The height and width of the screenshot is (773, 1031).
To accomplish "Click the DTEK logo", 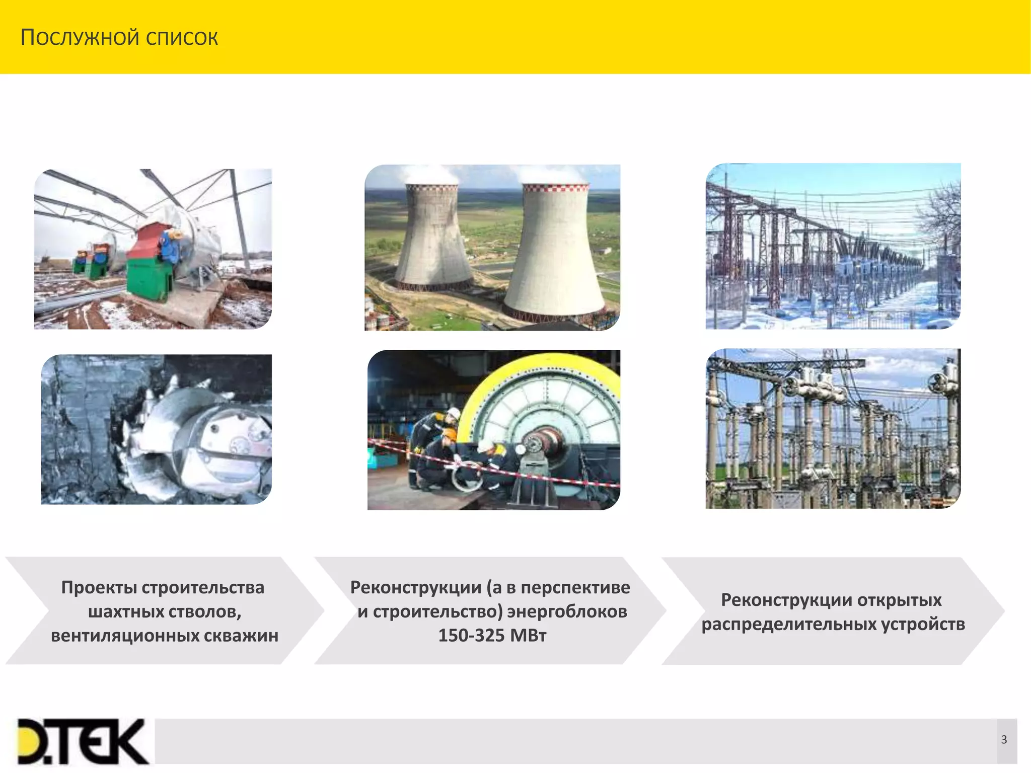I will (x=83, y=741).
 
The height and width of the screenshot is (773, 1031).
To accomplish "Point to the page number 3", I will (x=1004, y=739).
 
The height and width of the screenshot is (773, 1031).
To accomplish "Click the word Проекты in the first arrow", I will (x=99, y=587).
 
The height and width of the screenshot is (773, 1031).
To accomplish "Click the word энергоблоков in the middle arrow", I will (x=567, y=611).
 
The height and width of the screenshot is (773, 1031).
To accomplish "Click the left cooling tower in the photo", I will (x=433, y=237).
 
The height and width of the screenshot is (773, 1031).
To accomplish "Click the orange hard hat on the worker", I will (x=450, y=433).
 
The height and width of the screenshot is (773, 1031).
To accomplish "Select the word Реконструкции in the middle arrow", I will (x=415, y=587).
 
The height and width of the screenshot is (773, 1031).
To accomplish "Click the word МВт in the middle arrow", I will (x=528, y=636).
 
